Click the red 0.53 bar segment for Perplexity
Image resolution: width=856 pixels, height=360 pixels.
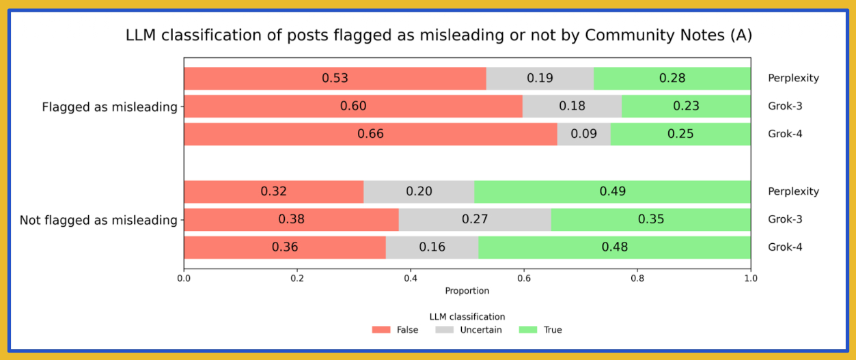(335, 79)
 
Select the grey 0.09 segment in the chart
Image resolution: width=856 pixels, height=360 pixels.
(583, 134)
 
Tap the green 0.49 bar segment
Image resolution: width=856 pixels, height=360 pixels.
(613, 192)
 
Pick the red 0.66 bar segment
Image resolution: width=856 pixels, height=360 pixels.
(370, 134)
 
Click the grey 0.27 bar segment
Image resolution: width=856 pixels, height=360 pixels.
(475, 220)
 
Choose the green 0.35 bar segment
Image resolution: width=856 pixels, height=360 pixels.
(650, 220)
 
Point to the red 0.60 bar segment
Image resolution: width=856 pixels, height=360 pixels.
(353, 107)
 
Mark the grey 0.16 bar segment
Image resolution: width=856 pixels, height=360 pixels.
(432, 247)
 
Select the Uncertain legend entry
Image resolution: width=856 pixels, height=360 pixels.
(469, 330)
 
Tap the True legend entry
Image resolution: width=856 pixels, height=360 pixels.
(541, 330)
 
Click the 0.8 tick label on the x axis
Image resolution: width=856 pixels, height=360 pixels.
(637, 278)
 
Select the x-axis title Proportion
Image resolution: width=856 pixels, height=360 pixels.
(467, 290)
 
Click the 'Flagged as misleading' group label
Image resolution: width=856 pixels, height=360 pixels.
(109, 107)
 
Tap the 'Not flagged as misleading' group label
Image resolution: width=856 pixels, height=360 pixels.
(98, 220)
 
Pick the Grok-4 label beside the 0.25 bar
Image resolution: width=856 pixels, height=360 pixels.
(785, 134)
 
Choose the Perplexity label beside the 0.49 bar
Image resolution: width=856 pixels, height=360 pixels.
(793, 192)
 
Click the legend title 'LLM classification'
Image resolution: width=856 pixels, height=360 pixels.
(467, 317)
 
